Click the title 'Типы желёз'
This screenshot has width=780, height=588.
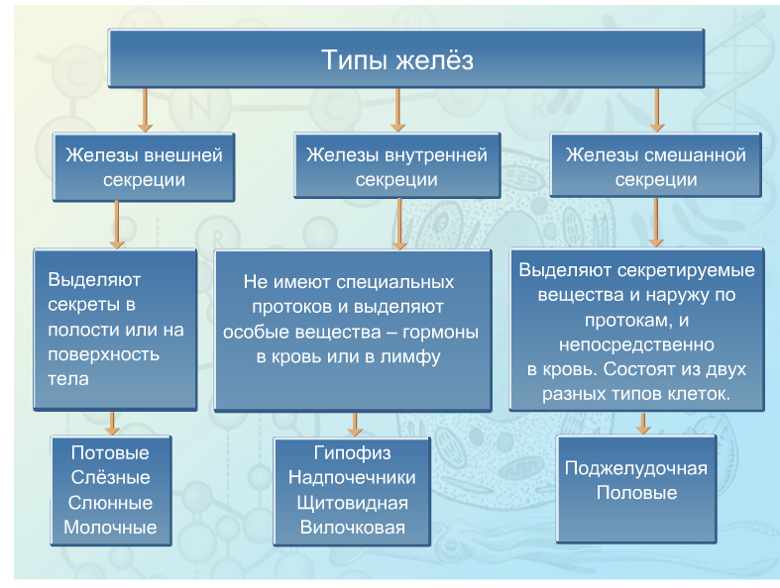click(397, 59)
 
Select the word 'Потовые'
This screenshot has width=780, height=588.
click(110, 452)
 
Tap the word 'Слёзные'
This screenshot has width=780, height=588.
click(110, 477)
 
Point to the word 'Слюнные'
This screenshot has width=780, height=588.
click(110, 503)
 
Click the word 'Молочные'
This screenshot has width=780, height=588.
click(110, 527)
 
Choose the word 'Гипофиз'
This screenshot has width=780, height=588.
click(352, 453)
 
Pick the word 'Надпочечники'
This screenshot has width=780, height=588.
click(352, 478)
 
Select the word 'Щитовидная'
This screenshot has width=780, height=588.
click(352, 503)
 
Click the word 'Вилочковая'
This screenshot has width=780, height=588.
click(352, 527)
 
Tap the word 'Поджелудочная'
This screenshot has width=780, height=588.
click(636, 468)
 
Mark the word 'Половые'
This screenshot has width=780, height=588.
click(636, 493)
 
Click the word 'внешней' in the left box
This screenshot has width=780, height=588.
click(183, 155)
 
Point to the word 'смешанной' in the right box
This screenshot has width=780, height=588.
click(697, 155)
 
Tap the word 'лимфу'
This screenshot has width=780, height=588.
click(410, 357)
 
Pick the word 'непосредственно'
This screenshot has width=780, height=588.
click(636, 344)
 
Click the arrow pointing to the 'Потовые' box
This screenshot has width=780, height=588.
click(112, 423)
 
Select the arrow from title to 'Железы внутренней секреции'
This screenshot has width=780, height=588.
click(397, 110)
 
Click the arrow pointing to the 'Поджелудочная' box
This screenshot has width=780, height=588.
click(643, 423)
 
